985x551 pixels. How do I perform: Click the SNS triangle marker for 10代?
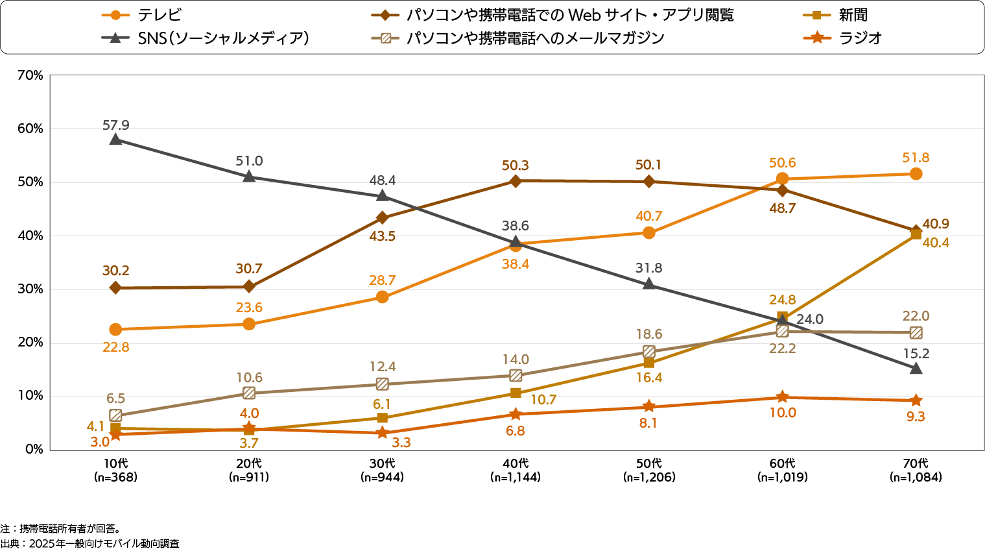pos(115,139)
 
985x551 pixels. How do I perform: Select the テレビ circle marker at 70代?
pos(916,174)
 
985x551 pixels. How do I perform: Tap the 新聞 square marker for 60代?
pos(782,317)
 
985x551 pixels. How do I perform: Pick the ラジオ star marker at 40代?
pos(516,414)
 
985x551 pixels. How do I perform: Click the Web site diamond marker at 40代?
pos(516,181)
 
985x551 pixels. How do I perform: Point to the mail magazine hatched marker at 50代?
pos(649,351)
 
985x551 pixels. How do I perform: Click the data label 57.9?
pos(115,125)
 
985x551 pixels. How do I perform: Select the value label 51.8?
pos(916,158)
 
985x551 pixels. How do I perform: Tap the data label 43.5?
pos(383,236)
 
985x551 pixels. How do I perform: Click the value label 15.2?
pos(916,354)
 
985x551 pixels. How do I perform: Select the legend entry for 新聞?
pos(852,15)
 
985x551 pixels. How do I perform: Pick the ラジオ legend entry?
pos(860,38)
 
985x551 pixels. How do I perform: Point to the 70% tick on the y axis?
pos(30,76)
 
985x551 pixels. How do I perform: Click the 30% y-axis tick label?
pos(30,289)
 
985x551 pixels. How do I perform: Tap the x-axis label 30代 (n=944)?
pos(383,471)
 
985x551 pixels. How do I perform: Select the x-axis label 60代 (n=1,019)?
pos(782,471)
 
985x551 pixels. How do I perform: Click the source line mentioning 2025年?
pos(90,543)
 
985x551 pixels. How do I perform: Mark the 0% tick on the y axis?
pos(34,449)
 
